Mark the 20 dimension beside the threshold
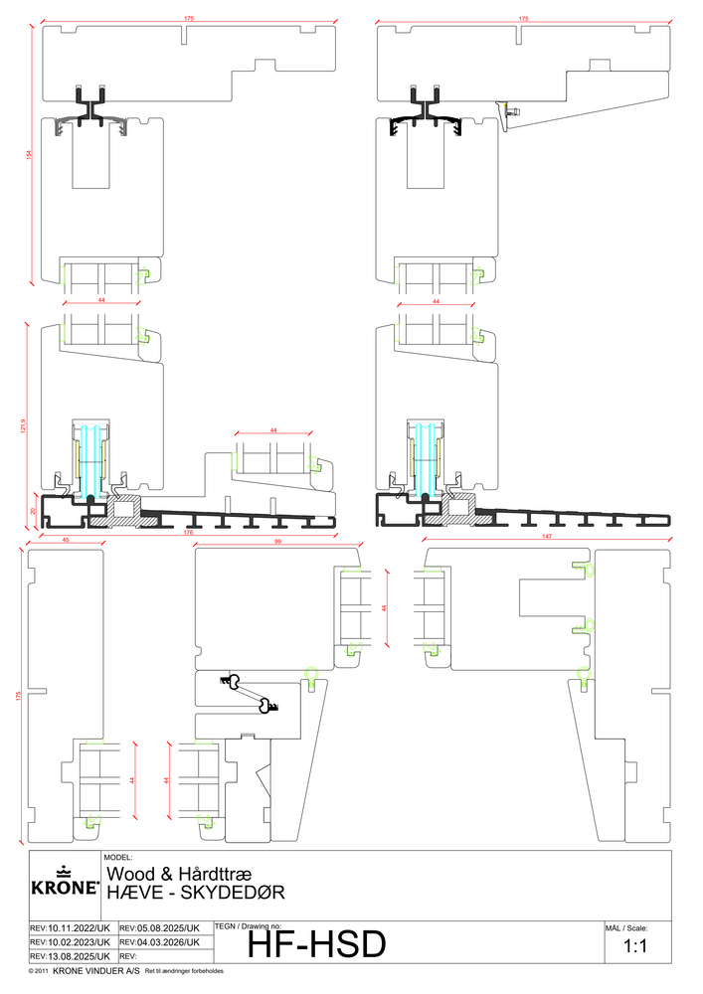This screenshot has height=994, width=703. pos(31,511)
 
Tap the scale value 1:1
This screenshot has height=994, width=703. pos(635,947)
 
